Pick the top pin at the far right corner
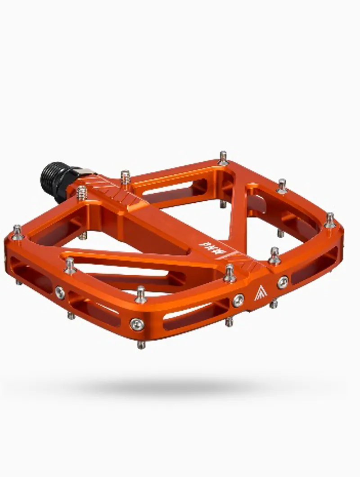330,219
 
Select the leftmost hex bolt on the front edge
60,292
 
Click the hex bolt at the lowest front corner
136,323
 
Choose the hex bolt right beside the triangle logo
283,282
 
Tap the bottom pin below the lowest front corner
141,344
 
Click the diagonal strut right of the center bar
238,212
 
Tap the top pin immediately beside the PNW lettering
230,271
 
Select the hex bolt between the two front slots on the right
238,299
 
